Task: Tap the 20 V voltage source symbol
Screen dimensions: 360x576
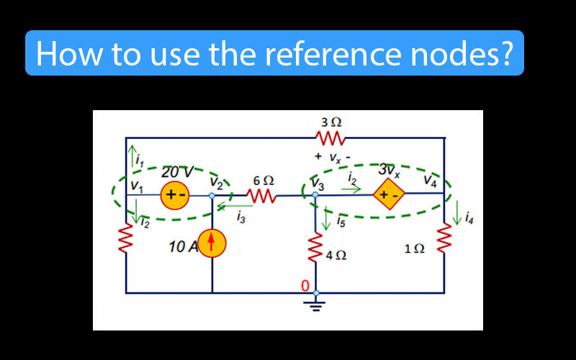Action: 174,194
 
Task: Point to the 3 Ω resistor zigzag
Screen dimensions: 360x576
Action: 330,137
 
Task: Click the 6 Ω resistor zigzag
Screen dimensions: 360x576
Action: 262,196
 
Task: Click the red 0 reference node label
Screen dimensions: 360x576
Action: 305,287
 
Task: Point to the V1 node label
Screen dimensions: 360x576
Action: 137,186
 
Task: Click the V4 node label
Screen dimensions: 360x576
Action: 431,180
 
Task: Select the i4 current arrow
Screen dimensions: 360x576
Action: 459,214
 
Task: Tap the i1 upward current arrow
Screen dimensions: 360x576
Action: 131,155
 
